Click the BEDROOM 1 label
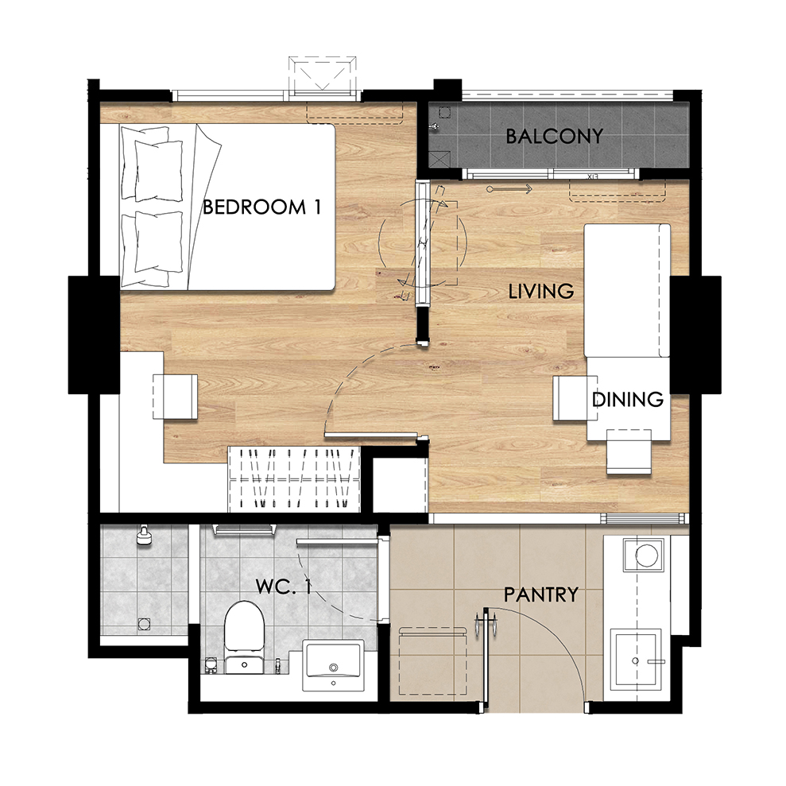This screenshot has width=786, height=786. pos(261,207)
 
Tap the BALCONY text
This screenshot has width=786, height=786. pos(554,137)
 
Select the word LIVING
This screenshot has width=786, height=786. pos(541,291)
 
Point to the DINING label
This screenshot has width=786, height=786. pos(628,400)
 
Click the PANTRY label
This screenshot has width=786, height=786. pos(541,595)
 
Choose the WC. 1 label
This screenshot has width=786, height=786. pos(283,587)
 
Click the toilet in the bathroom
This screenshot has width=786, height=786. pos(244,637)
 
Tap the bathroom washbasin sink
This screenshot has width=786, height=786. pos(333,665)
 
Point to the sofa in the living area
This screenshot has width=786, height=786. pos(627,291)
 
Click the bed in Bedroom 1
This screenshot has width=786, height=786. pos(227,207)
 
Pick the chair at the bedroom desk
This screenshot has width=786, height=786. pos(175,397)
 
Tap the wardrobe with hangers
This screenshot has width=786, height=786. pos(294,479)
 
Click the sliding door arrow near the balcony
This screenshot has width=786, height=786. pos(509,189)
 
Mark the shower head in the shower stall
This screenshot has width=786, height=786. pos(144,535)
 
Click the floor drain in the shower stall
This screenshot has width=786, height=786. pos(144,624)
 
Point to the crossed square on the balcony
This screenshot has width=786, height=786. pos(439,160)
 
